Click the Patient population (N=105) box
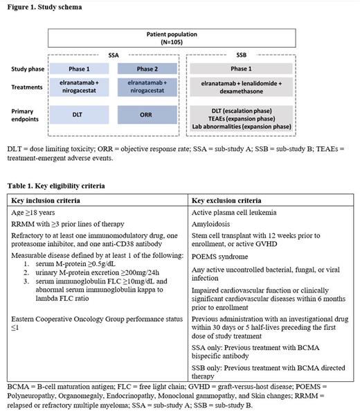180,37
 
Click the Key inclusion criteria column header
50,200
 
